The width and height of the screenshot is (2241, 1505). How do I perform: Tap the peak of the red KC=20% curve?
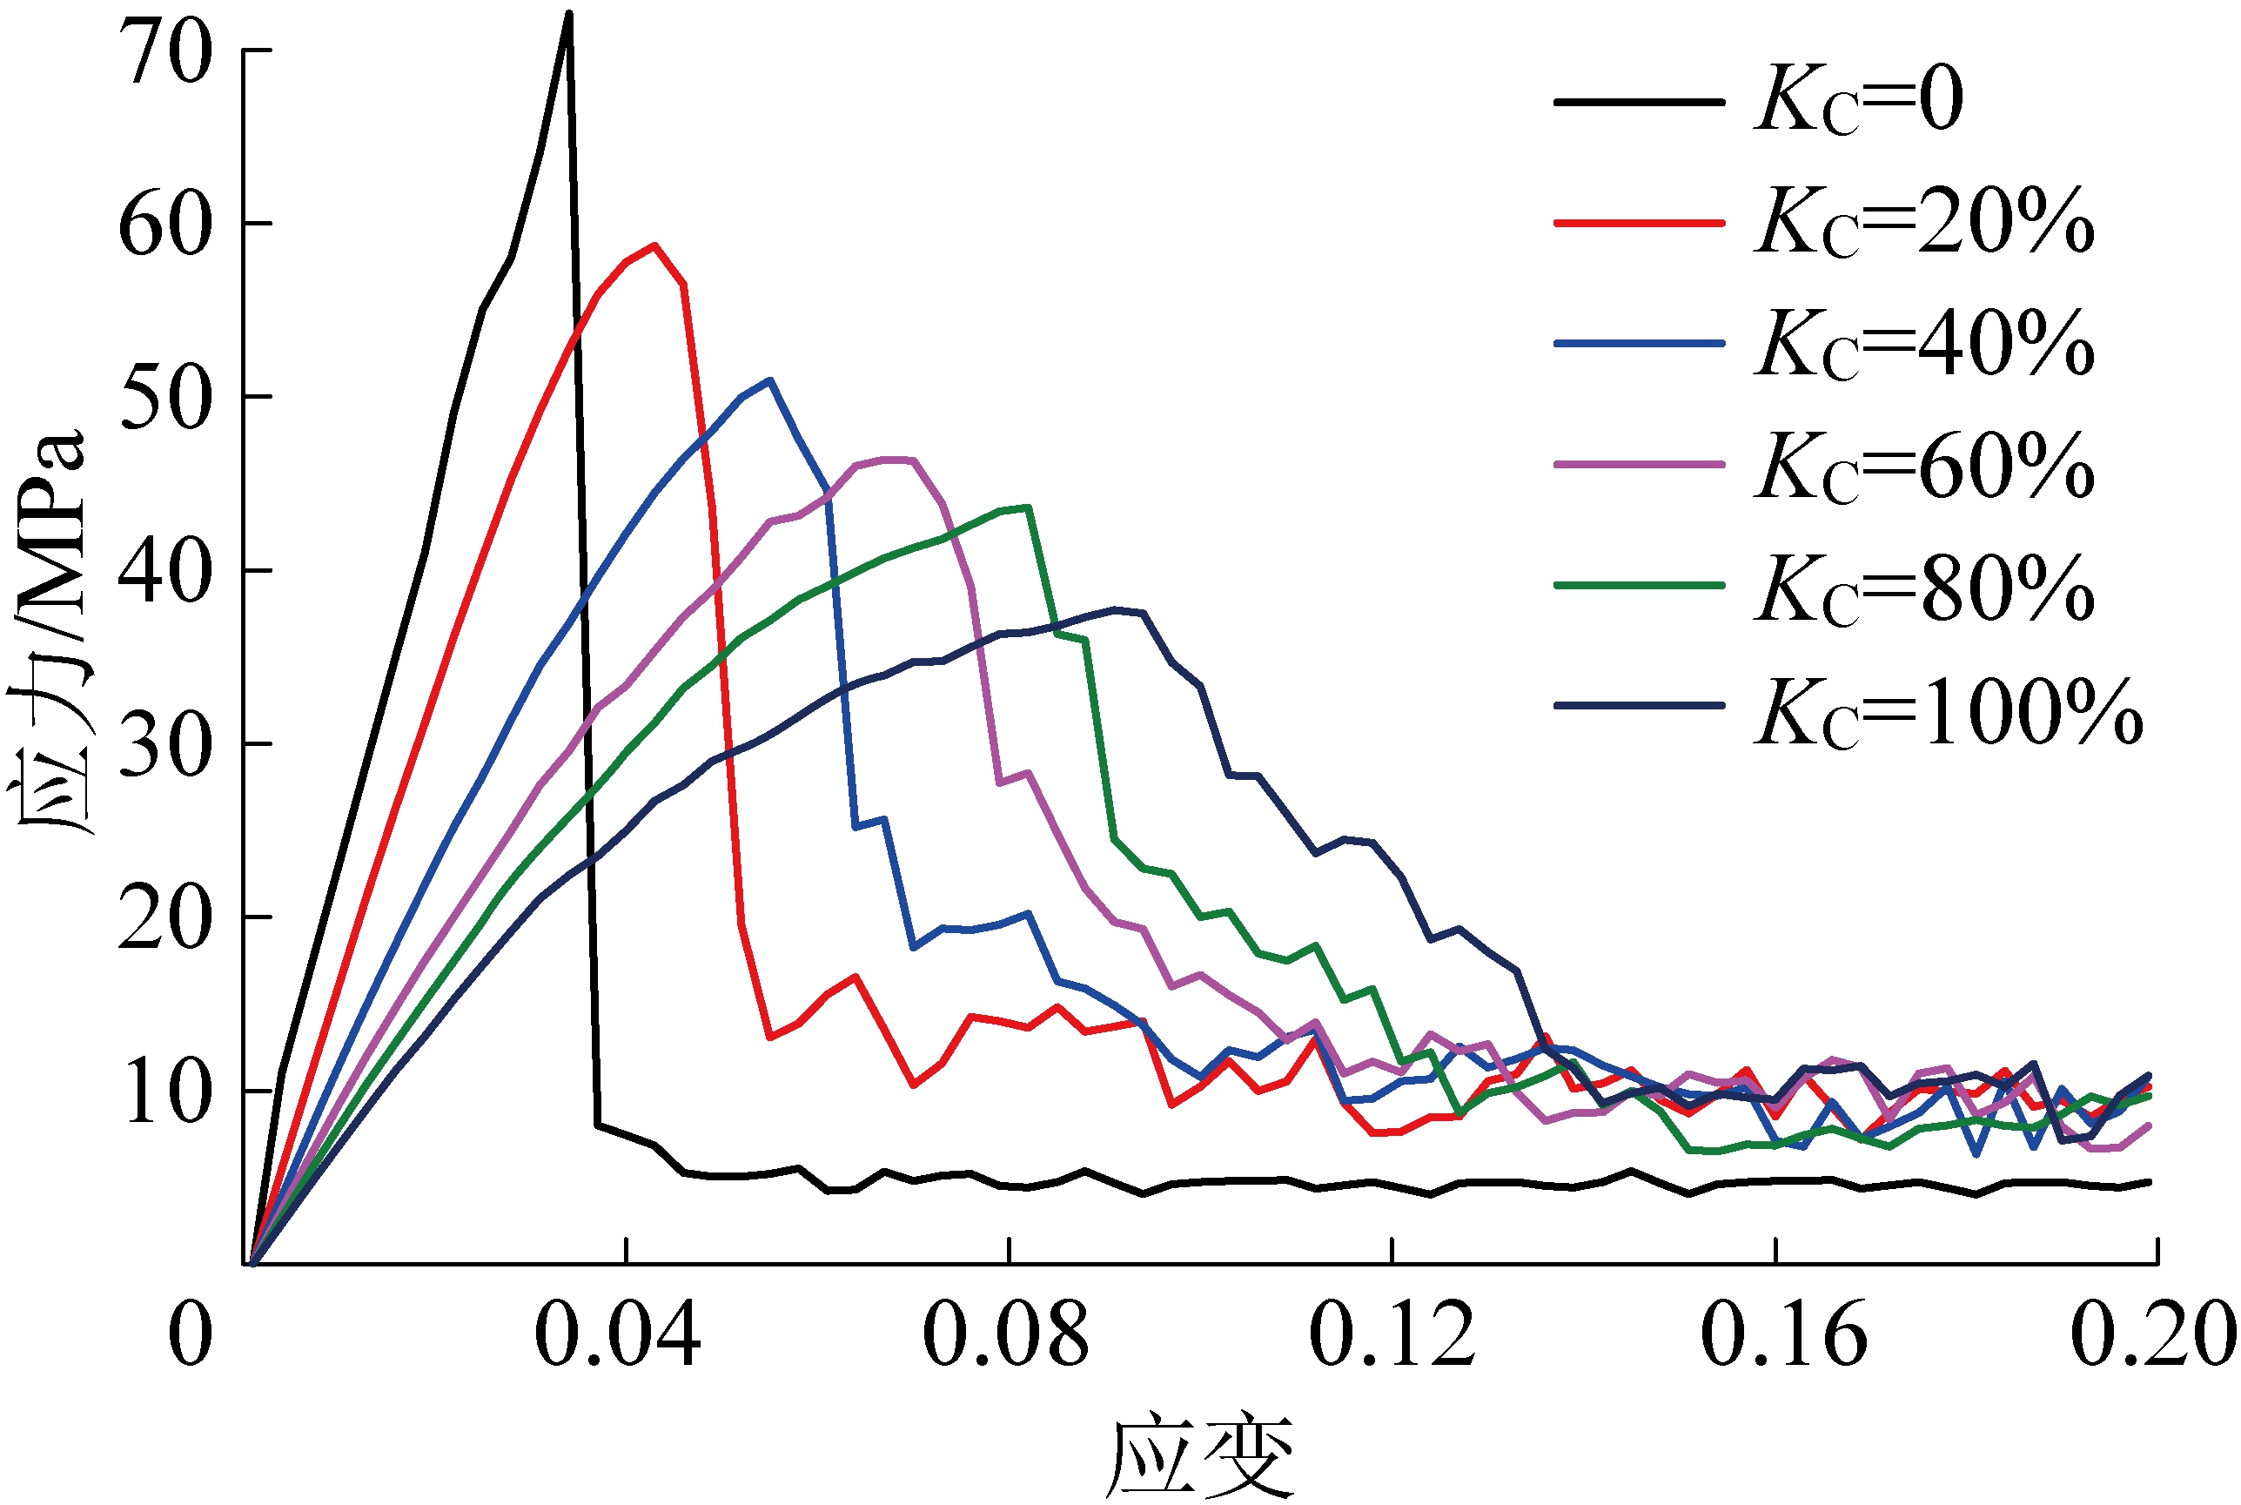654,245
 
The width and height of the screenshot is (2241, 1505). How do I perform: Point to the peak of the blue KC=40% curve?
769,380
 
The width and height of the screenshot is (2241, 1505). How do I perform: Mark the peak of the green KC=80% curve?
1028,507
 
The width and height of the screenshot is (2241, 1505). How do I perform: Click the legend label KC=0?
1858,101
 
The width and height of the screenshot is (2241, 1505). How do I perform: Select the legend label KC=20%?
1923,223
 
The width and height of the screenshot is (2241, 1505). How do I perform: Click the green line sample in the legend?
1640,585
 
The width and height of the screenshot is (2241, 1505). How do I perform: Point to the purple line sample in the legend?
1640,464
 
